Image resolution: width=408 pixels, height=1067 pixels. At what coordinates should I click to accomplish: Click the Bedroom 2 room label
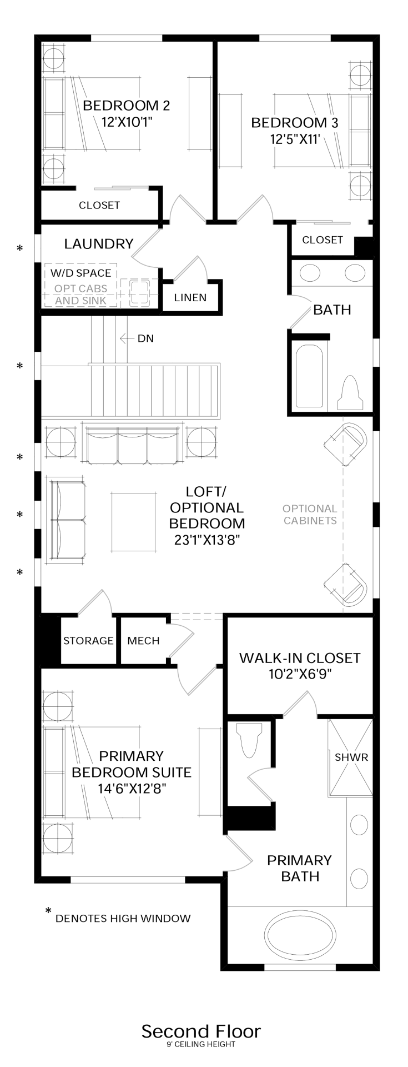126,106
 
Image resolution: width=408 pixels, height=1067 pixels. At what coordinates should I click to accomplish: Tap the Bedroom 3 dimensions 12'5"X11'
295,139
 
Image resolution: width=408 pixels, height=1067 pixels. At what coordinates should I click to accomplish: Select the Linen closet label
190,297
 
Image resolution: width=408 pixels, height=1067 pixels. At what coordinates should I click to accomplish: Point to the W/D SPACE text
80,273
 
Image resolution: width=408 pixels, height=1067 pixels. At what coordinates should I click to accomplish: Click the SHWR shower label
351,757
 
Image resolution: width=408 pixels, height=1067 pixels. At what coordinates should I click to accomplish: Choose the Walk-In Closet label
300,658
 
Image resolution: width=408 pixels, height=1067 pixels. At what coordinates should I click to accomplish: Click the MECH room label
143,641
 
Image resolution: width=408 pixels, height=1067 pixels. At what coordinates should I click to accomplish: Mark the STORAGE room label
88,641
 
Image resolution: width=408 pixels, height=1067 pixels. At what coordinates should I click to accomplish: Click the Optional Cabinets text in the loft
310,514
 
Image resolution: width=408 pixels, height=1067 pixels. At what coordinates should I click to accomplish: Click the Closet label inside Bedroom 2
99,205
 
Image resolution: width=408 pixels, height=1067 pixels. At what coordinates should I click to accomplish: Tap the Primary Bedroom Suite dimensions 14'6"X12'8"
132,788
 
